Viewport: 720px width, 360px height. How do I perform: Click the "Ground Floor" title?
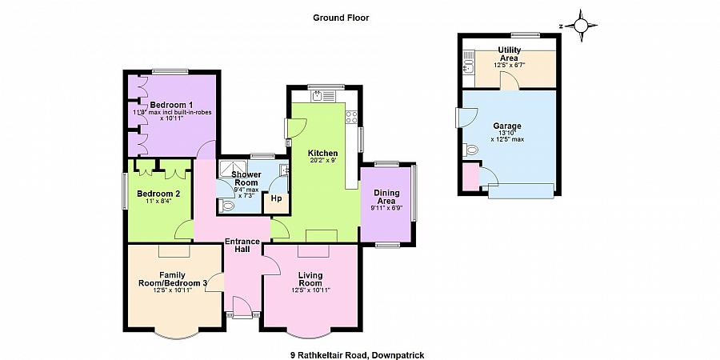pyautogui.click(x=341, y=18)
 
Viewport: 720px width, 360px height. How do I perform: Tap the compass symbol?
pyautogui.click(x=581, y=26)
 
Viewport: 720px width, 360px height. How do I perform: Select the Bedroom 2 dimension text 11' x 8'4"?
pyautogui.click(x=158, y=201)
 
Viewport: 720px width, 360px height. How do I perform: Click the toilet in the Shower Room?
pyautogui.click(x=226, y=206)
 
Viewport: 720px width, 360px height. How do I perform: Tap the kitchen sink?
pyautogui.click(x=324, y=96)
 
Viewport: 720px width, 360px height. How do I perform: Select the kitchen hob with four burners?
pyautogui.click(x=351, y=117)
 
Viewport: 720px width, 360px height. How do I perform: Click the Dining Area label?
pyautogui.click(x=388, y=197)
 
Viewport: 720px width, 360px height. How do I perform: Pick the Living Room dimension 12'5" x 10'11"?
pyautogui.click(x=310, y=290)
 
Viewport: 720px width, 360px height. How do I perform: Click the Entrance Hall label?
pyautogui.click(x=242, y=246)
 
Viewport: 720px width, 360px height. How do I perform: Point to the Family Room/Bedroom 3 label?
pyautogui.click(x=172, y=278)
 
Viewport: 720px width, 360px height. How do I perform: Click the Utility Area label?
pyautogui.click(x=510, y=54)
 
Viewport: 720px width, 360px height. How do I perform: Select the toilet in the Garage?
pyautogui.click(x=470, y=150)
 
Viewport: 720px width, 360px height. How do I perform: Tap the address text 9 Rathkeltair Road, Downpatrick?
pyautogui.click(x=357, y=355)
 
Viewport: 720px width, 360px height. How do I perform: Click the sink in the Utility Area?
pyautogui.click(x=468, y=63)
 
